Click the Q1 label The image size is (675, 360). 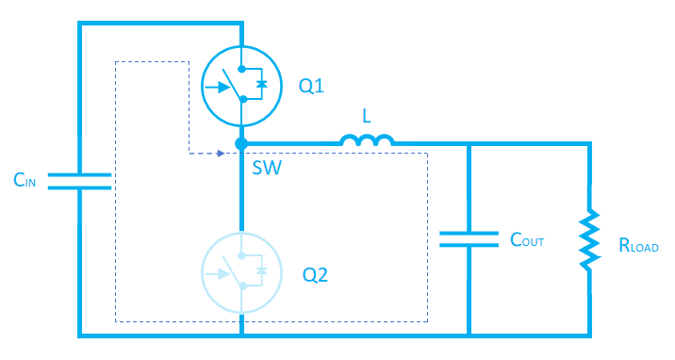(312, 86)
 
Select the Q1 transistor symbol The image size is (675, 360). (242, 87)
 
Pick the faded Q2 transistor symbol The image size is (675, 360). (242, 273)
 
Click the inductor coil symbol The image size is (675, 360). (367, 140)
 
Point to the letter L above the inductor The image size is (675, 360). (367, 116)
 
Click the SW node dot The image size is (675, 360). (242, 144)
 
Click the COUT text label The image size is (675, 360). (527, 241)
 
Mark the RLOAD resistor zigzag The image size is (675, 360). (590, 239)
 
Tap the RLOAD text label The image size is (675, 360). (638, 247)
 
